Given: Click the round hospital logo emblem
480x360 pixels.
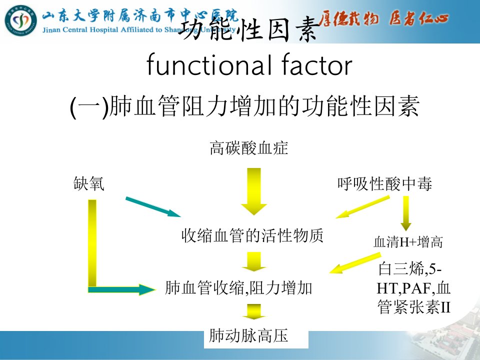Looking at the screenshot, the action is click(20, 20).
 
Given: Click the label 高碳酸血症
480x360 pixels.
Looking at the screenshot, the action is click(249, 148).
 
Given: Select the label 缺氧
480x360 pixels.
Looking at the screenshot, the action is click(89, 183).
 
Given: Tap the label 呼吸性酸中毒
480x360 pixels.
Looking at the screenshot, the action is click(385, 183).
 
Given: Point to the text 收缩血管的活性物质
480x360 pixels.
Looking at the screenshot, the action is click(252, 235).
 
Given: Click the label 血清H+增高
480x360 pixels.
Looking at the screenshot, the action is click(408, 242).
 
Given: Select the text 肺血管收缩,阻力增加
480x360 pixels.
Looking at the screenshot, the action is click(238, 288).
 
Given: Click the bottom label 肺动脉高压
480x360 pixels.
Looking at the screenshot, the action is click(248, 335).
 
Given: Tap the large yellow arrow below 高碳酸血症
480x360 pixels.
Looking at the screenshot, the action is click(254, 191).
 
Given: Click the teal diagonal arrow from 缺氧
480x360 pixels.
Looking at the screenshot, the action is click(153, 207).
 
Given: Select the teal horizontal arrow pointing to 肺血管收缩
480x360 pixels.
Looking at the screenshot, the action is click(122, 289).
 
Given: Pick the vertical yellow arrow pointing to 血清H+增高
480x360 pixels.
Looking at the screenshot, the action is click(406, 213).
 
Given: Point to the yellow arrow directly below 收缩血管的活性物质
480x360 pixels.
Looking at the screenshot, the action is click(254, 261).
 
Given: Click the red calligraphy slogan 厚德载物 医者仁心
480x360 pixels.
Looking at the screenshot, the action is click(383, 18).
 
